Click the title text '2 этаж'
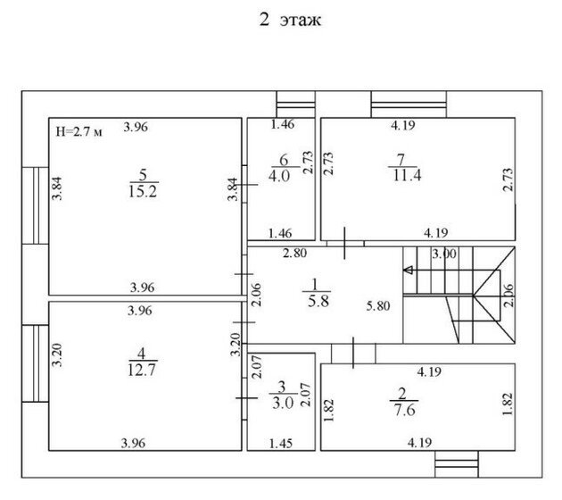coord(290,20)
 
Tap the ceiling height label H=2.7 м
coord(79,131)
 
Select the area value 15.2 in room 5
coord(143,192)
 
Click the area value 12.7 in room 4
coord(142,370)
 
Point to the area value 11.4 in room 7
coord(407,175)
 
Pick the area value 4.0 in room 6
coord(279,176)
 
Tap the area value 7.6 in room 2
coord(405,409)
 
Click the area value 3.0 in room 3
coord(283,404)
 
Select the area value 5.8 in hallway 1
coord(318,301)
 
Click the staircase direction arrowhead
coord(408,270)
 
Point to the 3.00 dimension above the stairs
coord(444,254)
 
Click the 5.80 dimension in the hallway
coord(378,306)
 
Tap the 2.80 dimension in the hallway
coord(294,253)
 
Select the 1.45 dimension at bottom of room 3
coord(281,444)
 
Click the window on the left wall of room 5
coord(35,205)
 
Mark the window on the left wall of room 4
coord(35,363)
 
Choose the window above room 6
coord(295,104)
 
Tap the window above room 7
coord(409,104)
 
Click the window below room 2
coord(457,464)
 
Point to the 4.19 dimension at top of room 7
coord(403,125)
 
